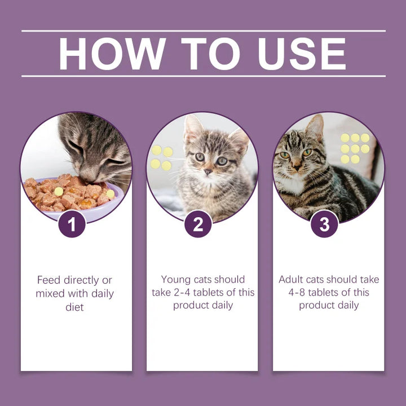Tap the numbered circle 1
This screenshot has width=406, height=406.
pos(72,224)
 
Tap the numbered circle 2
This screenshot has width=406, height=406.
pos(198,224)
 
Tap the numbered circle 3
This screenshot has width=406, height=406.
pos(324,224)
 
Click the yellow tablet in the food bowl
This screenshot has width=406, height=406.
pos(59,192)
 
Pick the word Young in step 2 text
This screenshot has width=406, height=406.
pos(175,280)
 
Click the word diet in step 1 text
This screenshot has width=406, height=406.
pos(74,307)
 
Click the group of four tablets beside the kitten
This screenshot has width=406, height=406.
pos(161,158)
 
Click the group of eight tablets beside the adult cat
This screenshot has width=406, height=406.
pos(355,148)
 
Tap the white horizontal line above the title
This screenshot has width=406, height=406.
pos(203,31)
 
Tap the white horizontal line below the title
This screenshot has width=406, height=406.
pos(203,76)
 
